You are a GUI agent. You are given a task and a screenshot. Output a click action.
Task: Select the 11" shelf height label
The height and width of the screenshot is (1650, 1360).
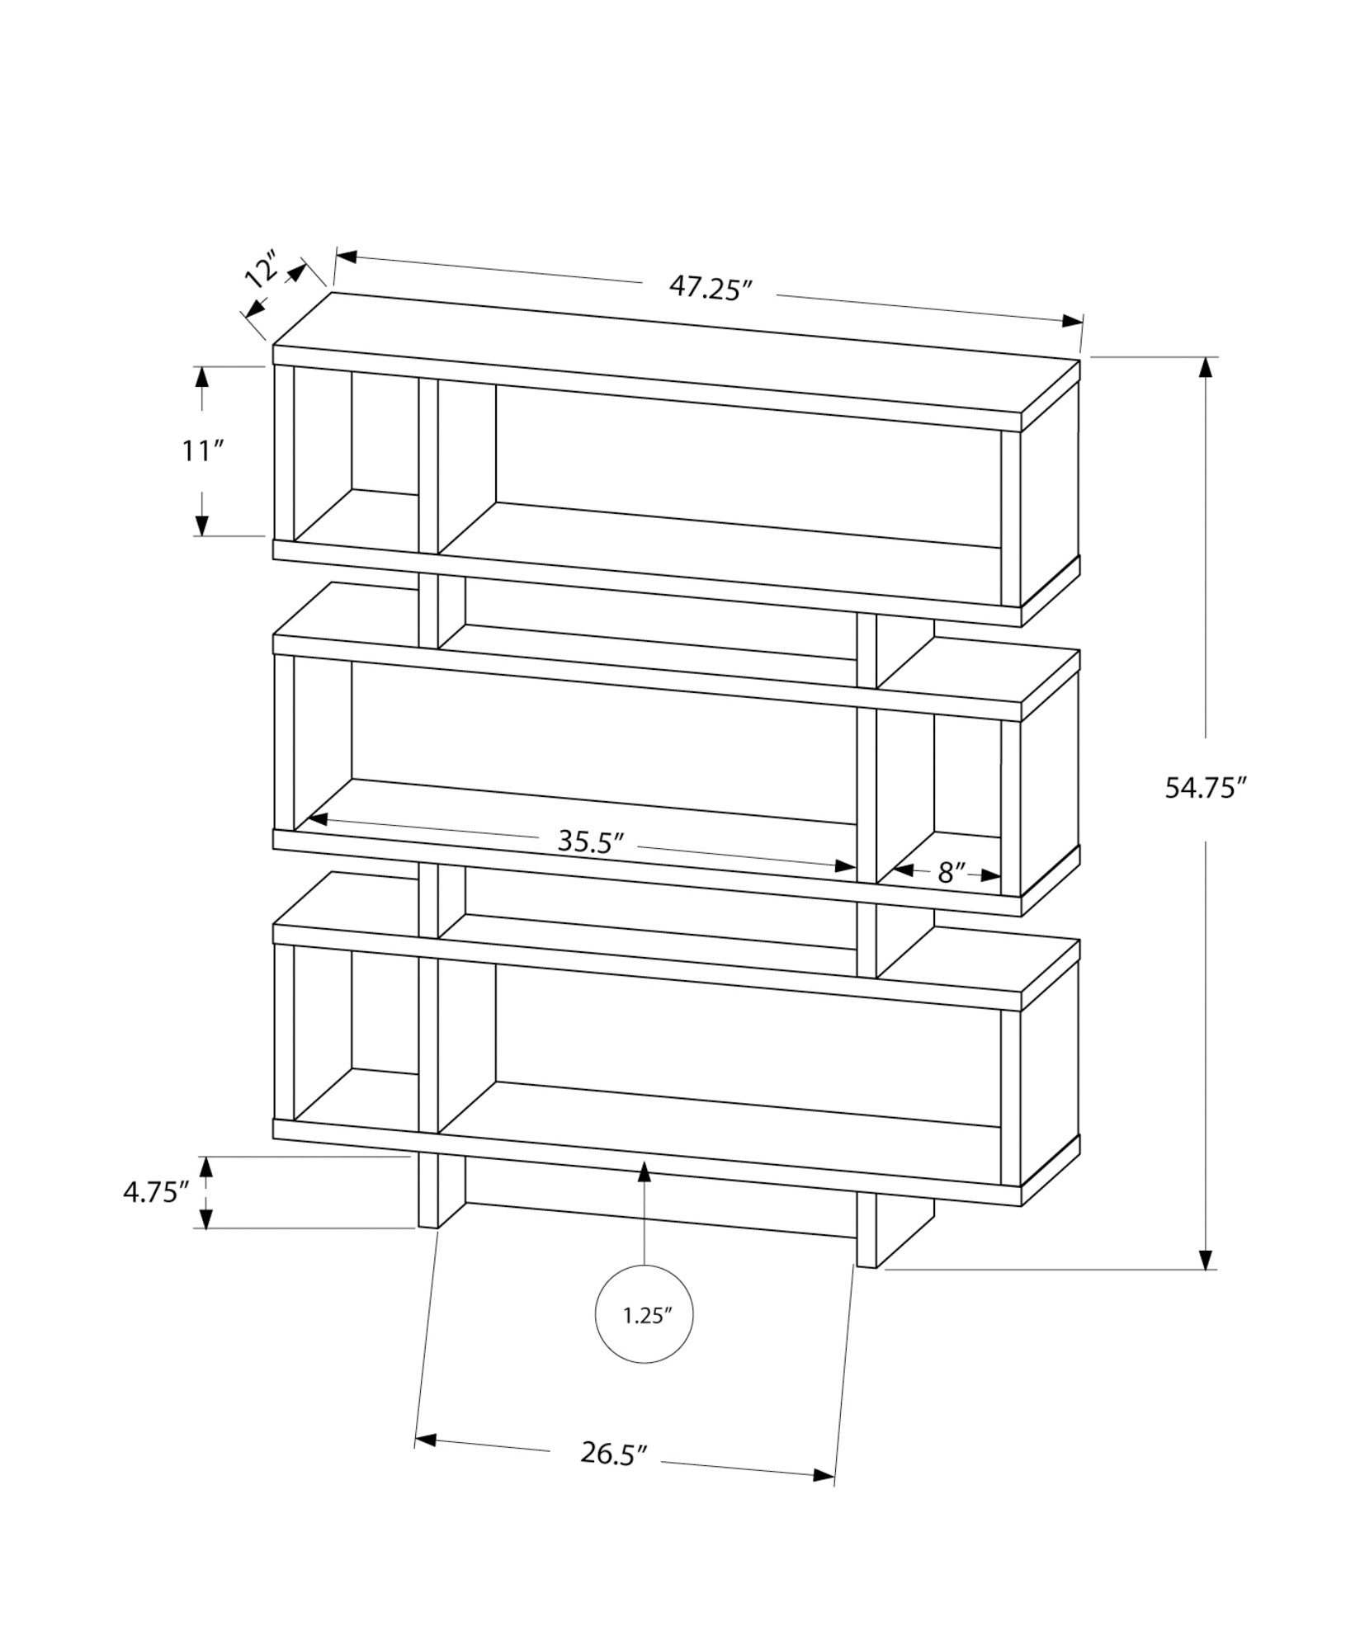coord(202,451)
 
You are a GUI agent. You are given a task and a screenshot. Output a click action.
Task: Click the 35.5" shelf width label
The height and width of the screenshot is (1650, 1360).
coord(589,841)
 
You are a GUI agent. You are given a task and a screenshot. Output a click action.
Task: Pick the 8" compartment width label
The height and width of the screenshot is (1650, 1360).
coord(952,873)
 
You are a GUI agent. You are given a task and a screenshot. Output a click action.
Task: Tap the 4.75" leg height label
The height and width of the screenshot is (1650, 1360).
coord(157,1192)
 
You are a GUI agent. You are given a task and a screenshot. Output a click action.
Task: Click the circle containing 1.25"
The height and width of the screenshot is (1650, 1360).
coord(644,1338)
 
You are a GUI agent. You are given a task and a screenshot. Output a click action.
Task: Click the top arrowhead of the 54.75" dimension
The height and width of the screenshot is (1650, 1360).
coord(1207,368)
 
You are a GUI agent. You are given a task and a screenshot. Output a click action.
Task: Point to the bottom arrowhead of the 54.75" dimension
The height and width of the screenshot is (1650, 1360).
coord(1207,1281)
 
